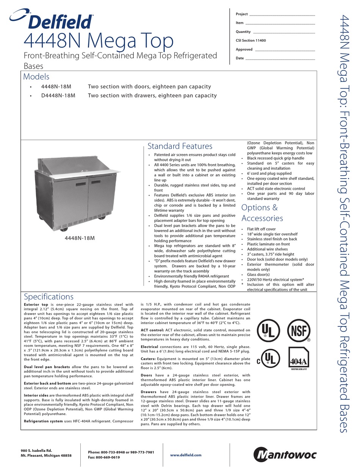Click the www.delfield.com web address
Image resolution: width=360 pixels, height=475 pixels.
[x=186, y=455]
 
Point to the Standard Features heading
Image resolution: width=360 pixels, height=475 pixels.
[x=180, y=146]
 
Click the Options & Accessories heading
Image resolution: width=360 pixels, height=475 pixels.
[x=262, y=213]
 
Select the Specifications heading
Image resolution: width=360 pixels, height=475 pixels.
[x=49, y=296]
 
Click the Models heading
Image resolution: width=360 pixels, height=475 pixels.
[x=36, y=77]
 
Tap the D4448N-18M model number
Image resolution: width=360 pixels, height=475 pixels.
[x=58, y=96]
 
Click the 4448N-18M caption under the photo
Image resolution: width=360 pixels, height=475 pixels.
[x=80, y=238]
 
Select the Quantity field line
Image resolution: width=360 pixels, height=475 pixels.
[x=284, y=32]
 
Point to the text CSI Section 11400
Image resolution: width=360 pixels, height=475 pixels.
[x=251, y=41]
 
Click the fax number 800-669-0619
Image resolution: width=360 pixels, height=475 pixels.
[x=109, y=458]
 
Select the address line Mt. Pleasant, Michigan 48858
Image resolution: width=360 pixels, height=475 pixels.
[x=46, y=455]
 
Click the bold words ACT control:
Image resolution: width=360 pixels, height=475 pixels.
[x=152, y=330]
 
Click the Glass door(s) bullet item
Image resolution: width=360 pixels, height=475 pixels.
[x=259, y=274]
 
